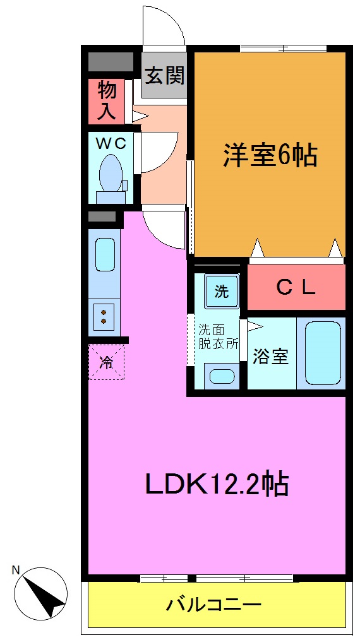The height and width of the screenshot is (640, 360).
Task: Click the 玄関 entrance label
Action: [x=165, y=76]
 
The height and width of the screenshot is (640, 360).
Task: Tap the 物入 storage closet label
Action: [x=107, y=101]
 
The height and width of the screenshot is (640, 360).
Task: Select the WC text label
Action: [x=111, y=143]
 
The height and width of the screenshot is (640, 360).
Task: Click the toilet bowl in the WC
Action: [x=111, y=174]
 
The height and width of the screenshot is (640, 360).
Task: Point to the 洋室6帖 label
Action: [x=269, y=155]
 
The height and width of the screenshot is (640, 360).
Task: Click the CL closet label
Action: [x=296, y=288]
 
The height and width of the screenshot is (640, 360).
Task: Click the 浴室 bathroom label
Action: [x=270, y=357]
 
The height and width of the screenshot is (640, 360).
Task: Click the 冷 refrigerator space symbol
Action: [x=106, y=362]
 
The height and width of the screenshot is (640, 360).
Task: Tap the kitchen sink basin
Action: [x=105, y=254]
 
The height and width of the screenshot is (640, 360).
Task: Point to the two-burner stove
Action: [x=103, y=315]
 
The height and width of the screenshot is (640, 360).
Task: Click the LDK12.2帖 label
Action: [x=217, y=485]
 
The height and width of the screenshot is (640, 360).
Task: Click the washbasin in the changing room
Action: [x=221, y=376]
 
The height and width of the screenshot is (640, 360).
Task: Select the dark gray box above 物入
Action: [x=110, y=61]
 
